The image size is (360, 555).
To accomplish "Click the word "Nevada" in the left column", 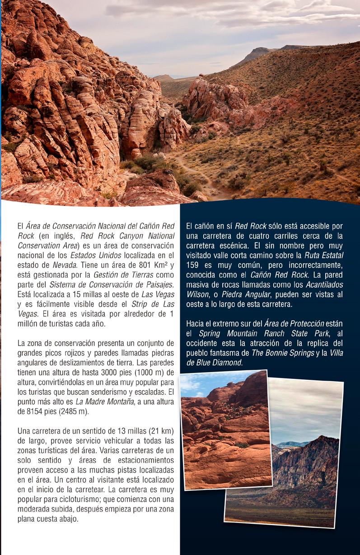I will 59,266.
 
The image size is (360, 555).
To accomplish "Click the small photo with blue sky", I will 225,429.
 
